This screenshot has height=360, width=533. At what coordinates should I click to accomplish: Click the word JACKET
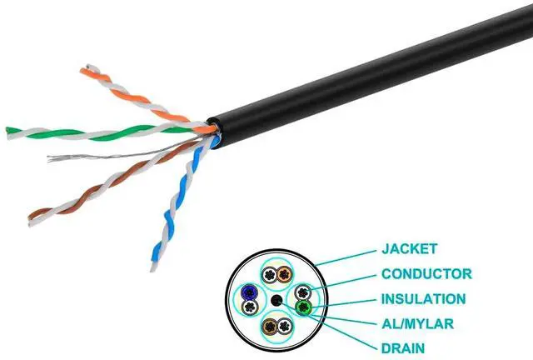coord(410,248)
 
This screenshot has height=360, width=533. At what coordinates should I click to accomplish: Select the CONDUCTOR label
coord(426,272)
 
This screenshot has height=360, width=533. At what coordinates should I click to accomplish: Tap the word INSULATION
coord(423,297)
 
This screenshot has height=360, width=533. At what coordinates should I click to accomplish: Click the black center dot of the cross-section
coord(276,300)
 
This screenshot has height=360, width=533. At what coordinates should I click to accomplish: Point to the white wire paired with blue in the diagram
coord(248,307)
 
